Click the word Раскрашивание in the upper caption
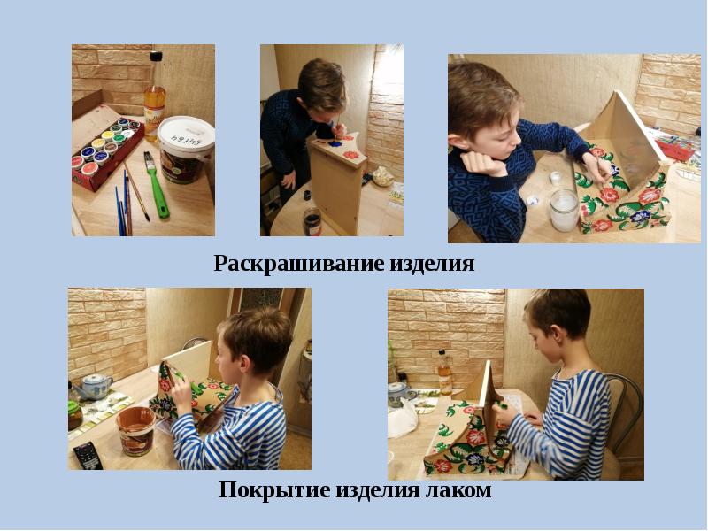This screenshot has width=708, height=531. pos(300,263)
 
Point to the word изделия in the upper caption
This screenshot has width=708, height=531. pos(432,264)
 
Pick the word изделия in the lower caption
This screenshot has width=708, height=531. pos(378,490)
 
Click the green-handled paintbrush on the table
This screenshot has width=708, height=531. pos(156,184)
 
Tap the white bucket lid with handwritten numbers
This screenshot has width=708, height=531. pos(186,135)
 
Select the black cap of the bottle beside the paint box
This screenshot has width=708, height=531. pos(156,57)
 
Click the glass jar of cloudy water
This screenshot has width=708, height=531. pos(564,211)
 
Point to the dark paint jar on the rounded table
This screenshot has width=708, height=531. pos(312,221)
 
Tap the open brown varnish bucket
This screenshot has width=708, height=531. pos(135,430)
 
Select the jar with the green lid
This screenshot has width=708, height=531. pos(74,415)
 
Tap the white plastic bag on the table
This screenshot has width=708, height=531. pos(402,419)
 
